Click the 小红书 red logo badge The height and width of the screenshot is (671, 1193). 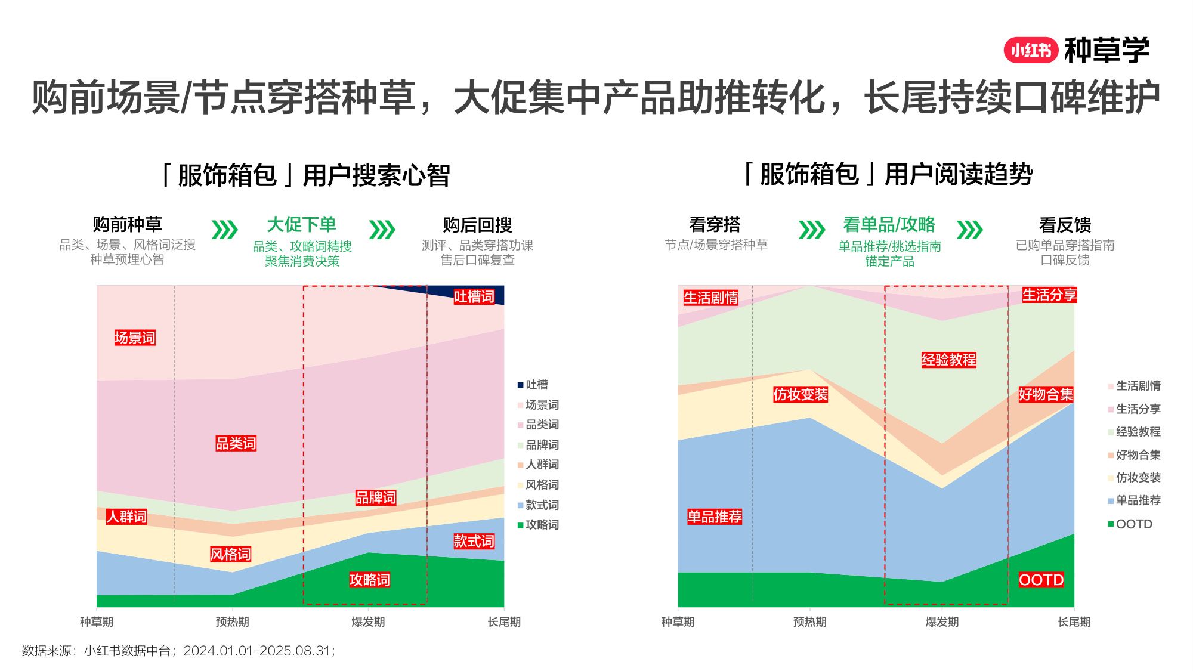click(1030, 51)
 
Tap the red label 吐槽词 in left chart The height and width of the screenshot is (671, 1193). click(474, 296)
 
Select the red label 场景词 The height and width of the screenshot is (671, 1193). click(135, 338)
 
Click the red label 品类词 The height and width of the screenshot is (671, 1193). click(236, 443)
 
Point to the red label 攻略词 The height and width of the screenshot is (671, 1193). click(369, 580)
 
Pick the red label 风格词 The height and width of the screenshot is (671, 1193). click(230, 554)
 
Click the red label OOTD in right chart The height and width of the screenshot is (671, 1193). click(1041, 580)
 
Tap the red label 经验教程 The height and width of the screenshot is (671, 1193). click(948, 360)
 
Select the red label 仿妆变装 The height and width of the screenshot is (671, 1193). click(800, 394)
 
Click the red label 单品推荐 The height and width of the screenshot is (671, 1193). click(714, 517)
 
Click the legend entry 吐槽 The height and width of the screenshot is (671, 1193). click(535, 385)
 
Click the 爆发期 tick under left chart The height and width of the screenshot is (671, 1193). click(368, 622)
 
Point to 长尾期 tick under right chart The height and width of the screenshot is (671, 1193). click(1074, 622)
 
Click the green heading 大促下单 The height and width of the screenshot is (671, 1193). click(301, 225)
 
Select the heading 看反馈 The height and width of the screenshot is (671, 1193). click(1065, 225)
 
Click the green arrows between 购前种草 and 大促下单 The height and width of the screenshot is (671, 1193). click(225, 230)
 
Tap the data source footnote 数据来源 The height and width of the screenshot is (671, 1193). click(178, 651)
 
